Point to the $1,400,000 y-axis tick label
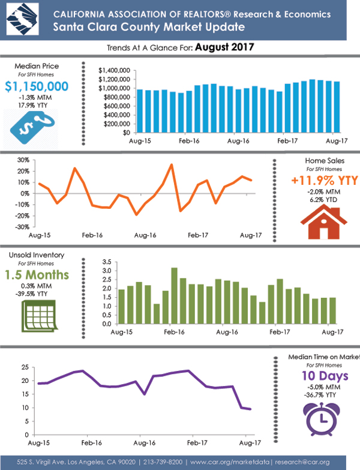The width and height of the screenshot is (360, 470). pyautogui.click(x=115, y=70)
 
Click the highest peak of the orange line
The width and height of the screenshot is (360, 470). pyautogui.click(x=172, y=164)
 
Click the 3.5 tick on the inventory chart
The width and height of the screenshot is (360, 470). pyautogui.click(x=106, y=262)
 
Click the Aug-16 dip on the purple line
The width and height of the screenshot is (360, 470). pyautogui.click(x=145, y=394)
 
